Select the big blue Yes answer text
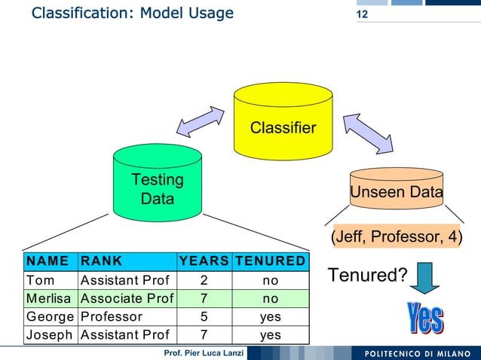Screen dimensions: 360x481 coord(425,319)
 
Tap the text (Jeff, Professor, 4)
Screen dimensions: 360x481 coord(397,238)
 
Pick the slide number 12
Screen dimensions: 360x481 coord(363,15)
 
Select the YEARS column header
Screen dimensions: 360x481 coord(204,261)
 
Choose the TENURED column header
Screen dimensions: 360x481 coord(270,261)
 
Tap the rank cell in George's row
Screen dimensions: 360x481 coord(127,316)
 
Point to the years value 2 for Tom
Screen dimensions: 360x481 coord(204,280)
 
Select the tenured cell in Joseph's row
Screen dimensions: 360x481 coord(270,334)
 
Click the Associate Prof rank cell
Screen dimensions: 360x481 coord(127,298)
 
